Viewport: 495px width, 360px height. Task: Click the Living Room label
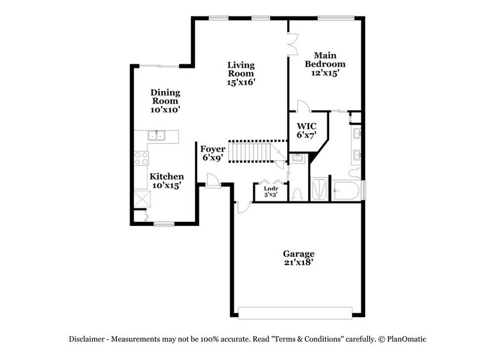[x=241, y=72]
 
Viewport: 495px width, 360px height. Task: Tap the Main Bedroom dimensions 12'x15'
[x=325, y=72]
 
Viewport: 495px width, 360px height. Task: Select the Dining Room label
[x=165, y=100]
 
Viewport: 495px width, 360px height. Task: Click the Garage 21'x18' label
[x=299, y=258]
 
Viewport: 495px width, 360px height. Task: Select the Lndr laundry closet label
[x=270, y=192]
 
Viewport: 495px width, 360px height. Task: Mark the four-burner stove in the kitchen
[x=141, y=159]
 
